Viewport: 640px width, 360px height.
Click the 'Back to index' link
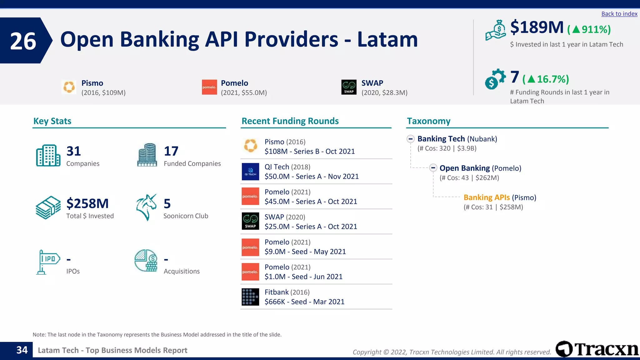[x=619, y=14]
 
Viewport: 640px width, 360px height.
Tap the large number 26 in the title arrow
[x=23, y=41]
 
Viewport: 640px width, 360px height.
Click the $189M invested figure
[x=537, y=27]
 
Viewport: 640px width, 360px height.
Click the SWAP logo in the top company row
[x=349, y=87]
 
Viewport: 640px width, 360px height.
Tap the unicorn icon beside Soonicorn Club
[x=146, y=207]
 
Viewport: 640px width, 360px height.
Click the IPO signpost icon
[x=47, y=262]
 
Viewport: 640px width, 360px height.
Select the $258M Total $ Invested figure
[x=87, y=203]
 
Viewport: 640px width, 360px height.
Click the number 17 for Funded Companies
[x=171, y=151]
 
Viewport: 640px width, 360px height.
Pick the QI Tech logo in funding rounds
[x=250, y=172]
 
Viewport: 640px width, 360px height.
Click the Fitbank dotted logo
[x=250, y=297]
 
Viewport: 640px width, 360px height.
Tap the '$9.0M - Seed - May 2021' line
[x=305, y=252]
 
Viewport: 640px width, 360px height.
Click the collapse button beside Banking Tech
[x=411, y=139]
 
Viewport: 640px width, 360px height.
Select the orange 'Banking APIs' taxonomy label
[x=486, y=197]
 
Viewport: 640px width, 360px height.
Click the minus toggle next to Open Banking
[x=433, y=168]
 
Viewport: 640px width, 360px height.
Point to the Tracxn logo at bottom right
[x=597, y=349]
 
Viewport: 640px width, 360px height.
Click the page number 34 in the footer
[x=22, y=350]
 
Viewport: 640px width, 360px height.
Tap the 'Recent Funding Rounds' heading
[x=290, y=121]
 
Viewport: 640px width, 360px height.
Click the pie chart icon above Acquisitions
[x=146, y=260]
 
